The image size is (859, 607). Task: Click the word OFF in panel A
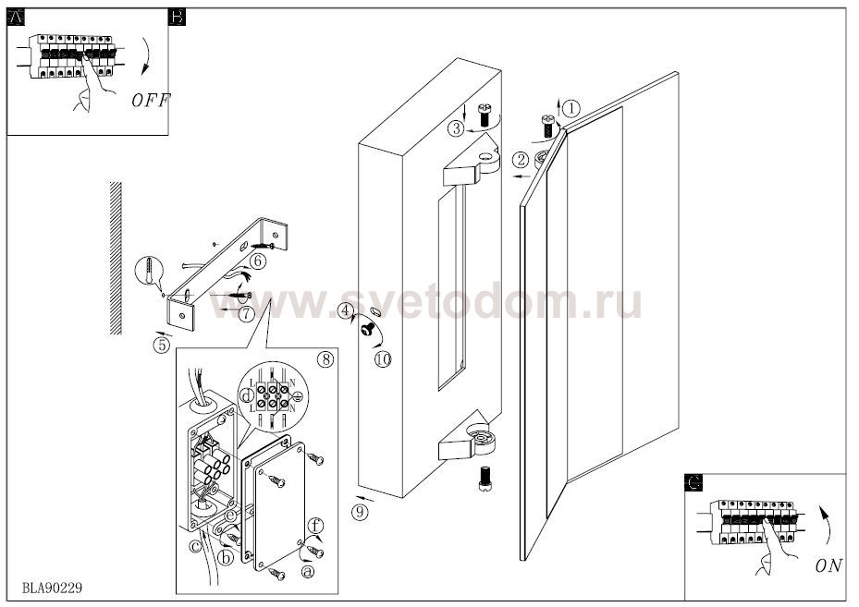point(151,101)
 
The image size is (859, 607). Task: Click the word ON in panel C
point(828,566)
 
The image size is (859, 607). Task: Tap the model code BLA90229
point(53,588)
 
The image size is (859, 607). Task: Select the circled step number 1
point(571,108)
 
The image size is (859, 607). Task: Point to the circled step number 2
point(521,160)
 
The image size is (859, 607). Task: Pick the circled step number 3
point(456,128)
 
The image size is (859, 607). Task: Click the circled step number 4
point(344,310)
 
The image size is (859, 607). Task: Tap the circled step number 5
point(162,346)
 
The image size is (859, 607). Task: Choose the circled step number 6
point(258,261)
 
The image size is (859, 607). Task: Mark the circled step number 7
point(247,313)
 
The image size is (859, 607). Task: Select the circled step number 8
point(325,359)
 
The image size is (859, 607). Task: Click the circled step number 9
point(360,512)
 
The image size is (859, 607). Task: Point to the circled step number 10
point(384,359)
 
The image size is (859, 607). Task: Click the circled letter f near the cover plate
point(315,526)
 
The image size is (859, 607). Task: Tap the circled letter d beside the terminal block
point(248,395)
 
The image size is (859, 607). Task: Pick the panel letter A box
point(17,18)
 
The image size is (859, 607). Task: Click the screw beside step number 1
point(547,126)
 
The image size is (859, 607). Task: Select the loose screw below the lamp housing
point(485,479)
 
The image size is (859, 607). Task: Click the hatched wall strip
point(116,258)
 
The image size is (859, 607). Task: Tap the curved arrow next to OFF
point(147,55)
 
